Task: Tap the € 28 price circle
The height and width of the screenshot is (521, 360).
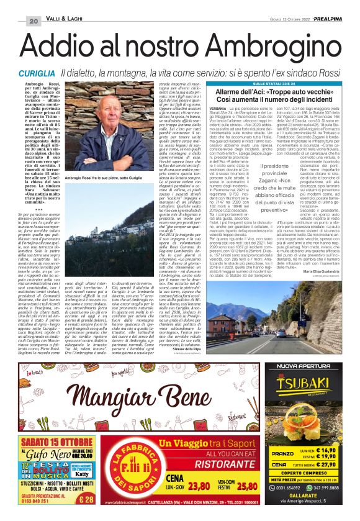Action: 87,499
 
